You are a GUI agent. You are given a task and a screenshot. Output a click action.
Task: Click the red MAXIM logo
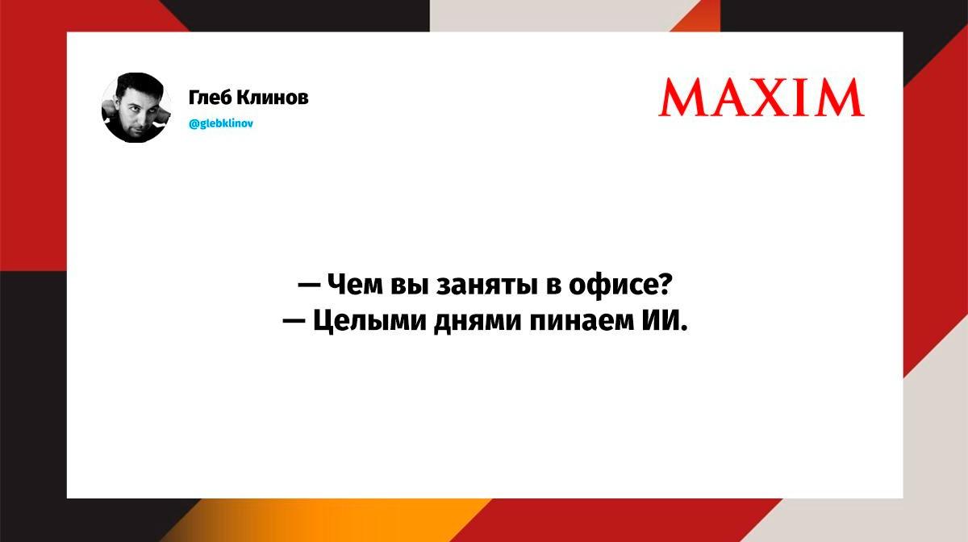[x=761, y=98]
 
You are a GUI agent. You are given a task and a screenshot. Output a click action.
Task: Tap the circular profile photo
[x=136, y=107]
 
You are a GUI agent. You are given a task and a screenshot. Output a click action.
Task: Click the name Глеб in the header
[x=210, y=98]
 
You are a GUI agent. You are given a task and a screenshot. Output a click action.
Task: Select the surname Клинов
[x=273, y=98]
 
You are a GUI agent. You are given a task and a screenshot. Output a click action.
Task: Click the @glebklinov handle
[x=221, y=123]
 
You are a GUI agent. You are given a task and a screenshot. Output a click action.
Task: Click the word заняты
[x=487, y=286]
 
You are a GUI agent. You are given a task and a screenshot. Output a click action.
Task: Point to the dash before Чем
[x=309, y=286]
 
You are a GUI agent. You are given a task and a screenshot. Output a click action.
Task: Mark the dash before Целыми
[x=294, y=322]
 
